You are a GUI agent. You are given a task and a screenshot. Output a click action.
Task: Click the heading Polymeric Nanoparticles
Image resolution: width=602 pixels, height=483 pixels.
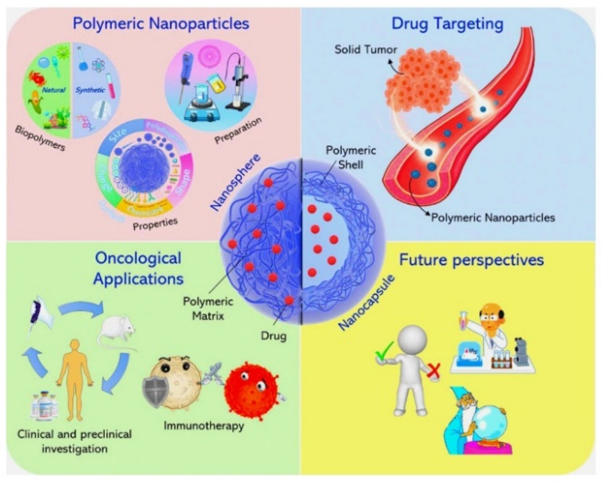(x=161, y=24)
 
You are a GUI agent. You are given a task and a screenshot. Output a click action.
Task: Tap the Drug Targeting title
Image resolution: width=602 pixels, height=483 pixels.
(x=448, y=24)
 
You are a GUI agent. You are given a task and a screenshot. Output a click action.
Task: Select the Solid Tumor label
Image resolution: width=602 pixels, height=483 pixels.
(x=366, y=50)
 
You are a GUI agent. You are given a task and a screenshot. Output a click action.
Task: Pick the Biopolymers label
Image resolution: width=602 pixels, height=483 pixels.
(x=40, y=138)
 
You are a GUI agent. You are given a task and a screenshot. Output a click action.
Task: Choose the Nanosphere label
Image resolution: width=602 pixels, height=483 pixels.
(x=235, y=182)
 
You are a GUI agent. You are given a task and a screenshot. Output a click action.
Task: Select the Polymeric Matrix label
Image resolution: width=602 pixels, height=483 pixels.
(x=208, y=308)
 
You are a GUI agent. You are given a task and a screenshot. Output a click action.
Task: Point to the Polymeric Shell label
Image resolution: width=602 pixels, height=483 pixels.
(x=351, y=158)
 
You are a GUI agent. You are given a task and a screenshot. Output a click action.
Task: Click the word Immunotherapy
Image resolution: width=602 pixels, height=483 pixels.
(x=204, y=425)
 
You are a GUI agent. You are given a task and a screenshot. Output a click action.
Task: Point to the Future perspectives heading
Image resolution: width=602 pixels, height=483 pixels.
(x=471, y=260)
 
